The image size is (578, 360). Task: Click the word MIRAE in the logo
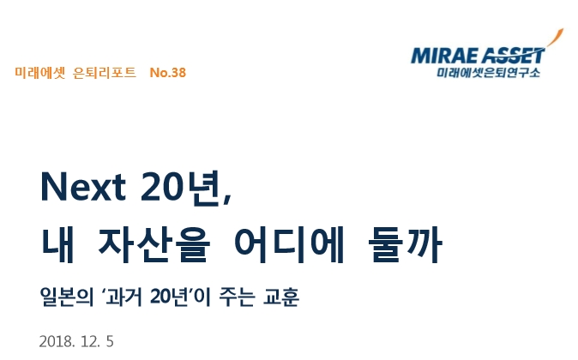coord(444,58)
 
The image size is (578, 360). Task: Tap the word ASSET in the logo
coord(512,57)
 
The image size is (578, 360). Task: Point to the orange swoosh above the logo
coord(557,39)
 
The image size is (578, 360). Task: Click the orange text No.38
coord(167,72)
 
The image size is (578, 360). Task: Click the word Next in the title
coord(81,186)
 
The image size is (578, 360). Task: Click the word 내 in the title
coord(57,244)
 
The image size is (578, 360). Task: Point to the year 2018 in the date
coord(55,341)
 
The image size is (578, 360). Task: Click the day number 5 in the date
coord(110,341)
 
